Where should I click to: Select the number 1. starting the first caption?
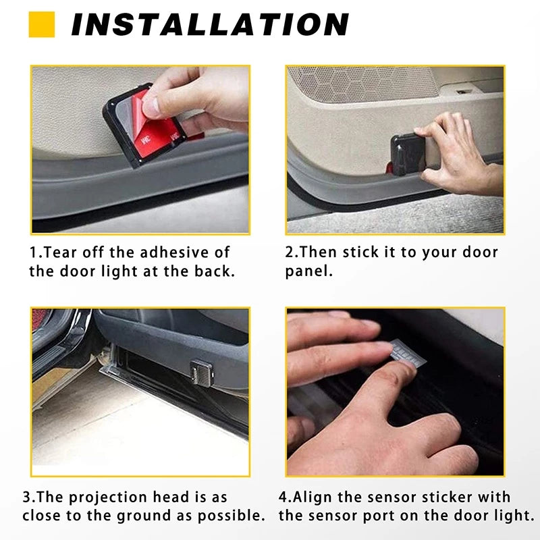pyautogui.click(x=36, y=252)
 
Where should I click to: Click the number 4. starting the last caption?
pyautogui.click(x=286, y=497)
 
